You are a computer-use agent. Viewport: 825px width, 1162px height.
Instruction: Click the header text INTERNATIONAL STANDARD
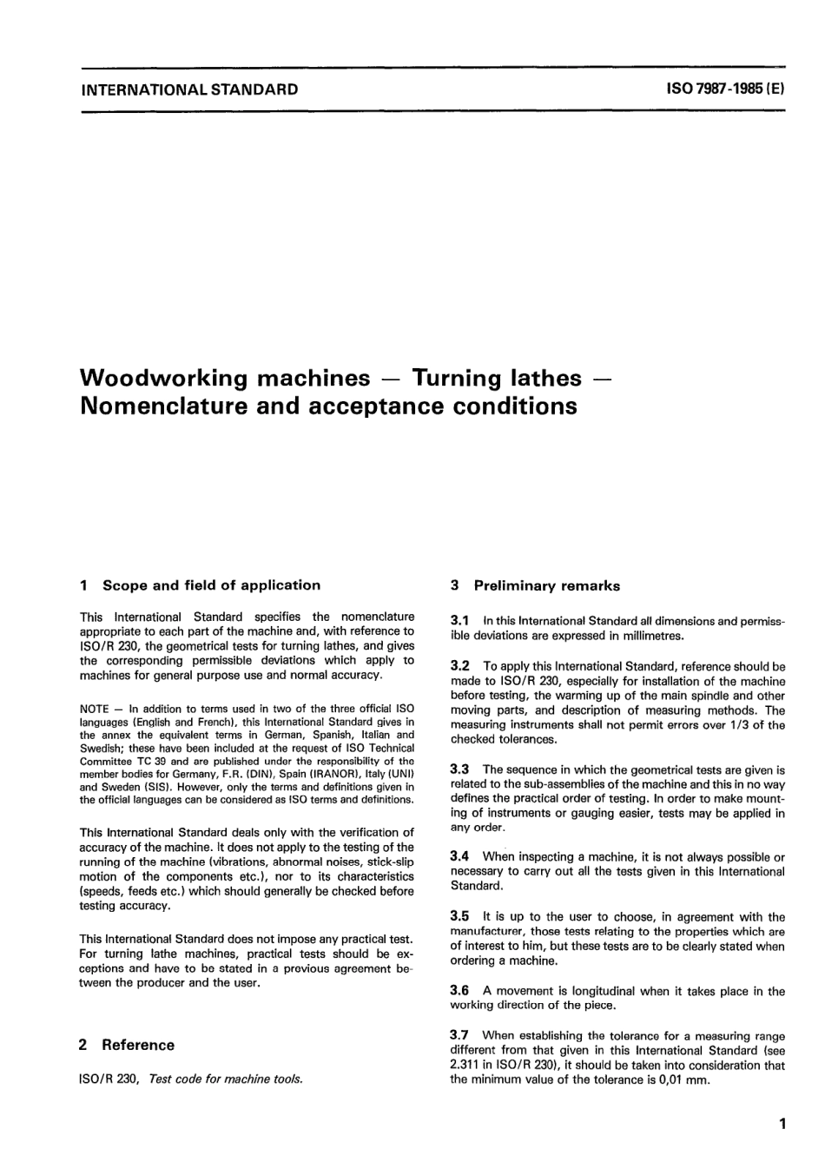point(188,89)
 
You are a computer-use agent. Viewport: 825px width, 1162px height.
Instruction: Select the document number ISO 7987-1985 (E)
point(725,89)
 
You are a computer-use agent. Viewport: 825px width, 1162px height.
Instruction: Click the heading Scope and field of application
point(211,585)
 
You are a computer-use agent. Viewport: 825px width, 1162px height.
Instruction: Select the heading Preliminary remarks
point(546,586)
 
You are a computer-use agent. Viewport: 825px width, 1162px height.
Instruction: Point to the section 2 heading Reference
point(137,1045)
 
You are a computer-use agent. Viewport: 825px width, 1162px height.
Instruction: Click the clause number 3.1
point(460,621)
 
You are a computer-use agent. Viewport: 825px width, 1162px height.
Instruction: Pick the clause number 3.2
point(460,666)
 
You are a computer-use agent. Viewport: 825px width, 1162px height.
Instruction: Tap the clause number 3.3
point(460,769)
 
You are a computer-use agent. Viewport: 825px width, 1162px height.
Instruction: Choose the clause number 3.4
point(460,856)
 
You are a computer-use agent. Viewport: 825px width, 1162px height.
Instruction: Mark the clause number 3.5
point(460,916)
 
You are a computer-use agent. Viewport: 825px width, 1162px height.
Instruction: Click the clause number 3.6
point(460,991)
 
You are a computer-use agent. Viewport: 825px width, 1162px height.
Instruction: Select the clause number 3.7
point(460,1035)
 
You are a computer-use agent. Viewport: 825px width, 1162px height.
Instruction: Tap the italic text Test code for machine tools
point(226,1079)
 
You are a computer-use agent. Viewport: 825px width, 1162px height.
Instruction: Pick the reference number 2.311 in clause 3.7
point(468,1066)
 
